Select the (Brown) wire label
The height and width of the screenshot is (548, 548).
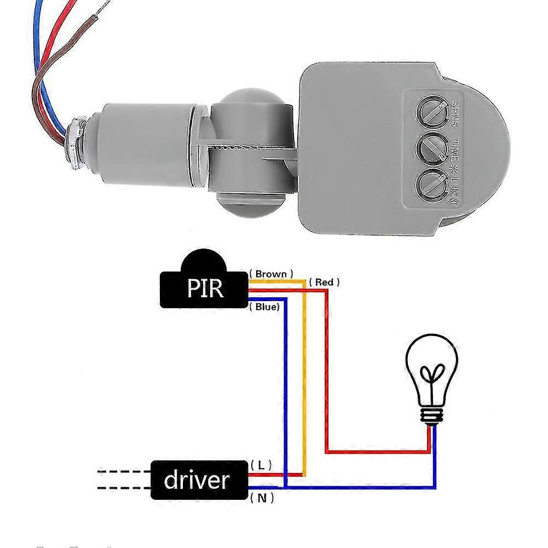[x=271, y=273]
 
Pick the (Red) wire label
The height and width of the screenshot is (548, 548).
[x=324, y=282]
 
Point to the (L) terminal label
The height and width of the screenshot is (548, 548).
[x=261, y=465]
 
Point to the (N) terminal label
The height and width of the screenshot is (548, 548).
[x=261, y=498]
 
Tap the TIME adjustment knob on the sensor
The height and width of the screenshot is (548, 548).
[x=431, y=146]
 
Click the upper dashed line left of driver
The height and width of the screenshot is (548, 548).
[x=123, y=471]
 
